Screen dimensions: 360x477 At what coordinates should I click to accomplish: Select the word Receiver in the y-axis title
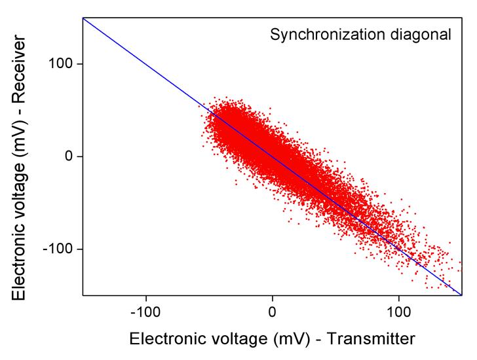click(x=21, y=65)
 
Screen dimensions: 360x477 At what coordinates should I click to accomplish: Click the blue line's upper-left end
click(x=83, y=18)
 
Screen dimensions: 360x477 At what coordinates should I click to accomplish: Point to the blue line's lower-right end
click(x=462, y=295)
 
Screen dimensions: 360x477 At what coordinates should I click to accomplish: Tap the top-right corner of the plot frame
click(x=462, y=18)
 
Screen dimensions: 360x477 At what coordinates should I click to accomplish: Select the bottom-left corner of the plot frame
click(x=83, y=295)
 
